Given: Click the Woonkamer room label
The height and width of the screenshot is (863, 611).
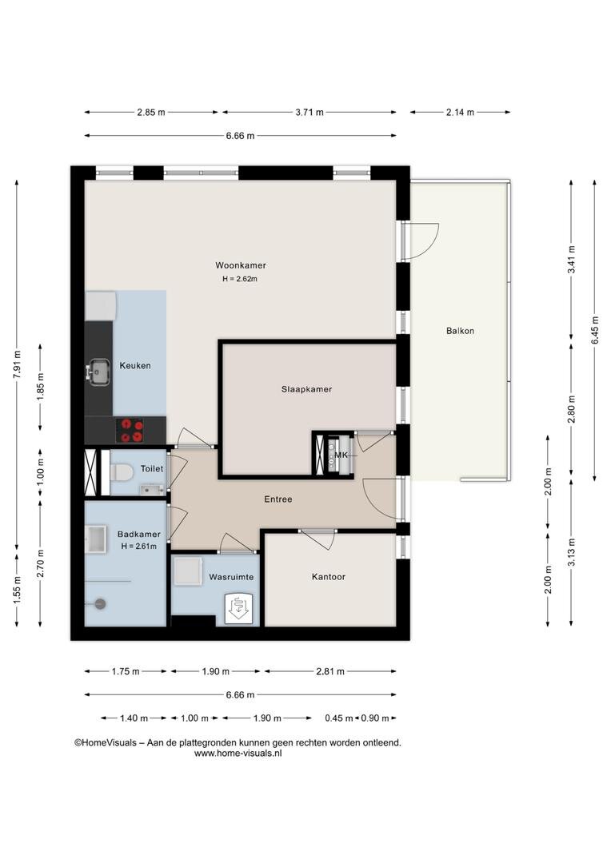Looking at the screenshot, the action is pos(241,265).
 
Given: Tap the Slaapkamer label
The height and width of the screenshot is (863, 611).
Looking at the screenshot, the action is pos(307,389).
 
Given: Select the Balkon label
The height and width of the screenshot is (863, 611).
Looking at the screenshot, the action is pos(460,331).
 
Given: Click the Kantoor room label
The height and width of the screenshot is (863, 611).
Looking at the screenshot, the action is pos(329,577).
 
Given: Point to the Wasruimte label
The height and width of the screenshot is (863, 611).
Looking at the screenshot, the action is pos(231,577).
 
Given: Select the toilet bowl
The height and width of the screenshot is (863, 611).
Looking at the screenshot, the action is pos(122,472).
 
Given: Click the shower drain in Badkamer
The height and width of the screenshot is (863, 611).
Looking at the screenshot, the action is pos(100,603).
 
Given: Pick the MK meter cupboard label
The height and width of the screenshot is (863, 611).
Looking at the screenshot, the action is pos(341,455).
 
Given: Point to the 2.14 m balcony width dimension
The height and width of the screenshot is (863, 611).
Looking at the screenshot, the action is pos(460,113).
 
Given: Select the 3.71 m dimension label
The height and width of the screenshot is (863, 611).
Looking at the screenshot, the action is pos(309,113).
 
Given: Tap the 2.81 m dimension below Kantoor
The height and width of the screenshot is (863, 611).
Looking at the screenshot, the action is pos(330,671).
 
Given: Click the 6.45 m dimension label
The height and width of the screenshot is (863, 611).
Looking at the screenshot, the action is pos(594,330).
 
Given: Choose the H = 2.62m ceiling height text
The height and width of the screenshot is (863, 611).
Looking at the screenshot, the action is pos(240,279).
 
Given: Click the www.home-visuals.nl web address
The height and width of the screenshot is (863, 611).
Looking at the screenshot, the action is pos(238,754).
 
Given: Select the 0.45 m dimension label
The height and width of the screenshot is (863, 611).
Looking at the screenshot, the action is pos(339,718).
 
